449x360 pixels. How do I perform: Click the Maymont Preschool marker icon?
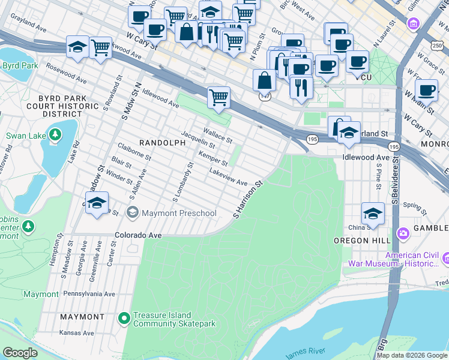[x=132, y=213]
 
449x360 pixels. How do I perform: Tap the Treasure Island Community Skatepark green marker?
[x=124, y=318]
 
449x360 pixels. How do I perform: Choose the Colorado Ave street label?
[x=139, y=236]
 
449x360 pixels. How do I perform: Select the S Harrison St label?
[x=249, y=200]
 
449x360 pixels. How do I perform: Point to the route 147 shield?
[x=264, y=97]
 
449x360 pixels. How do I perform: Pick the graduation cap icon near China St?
[x=373, y=214]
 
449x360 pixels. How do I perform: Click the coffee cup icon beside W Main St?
[x=426, y=90]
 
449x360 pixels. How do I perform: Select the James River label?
[x=306, y=352]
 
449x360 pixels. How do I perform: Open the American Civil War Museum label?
[x=411, y=259]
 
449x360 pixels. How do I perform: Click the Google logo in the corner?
[x=20, y=353]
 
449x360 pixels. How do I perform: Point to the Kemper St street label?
[x=213, y=159]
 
